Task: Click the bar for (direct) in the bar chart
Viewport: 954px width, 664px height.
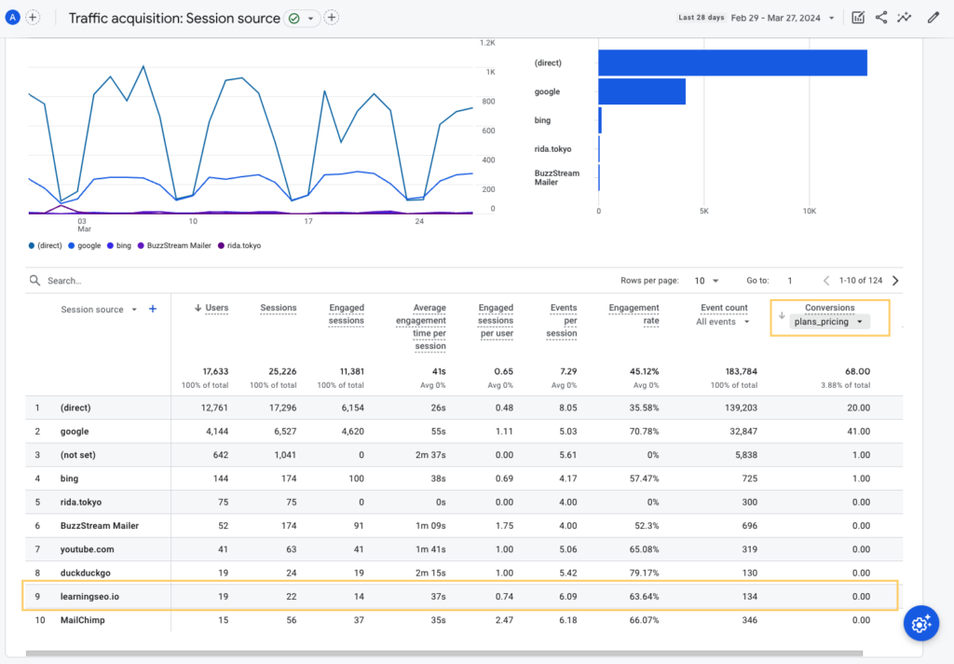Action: [x=732, y=62]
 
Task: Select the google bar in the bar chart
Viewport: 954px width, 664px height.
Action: [x=642, y=91]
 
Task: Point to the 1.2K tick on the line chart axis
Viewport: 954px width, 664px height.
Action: [x=486, y=43]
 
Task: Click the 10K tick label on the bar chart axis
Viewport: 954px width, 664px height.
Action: [x=809, y=211]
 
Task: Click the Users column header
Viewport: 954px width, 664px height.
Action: [x=215, y=308]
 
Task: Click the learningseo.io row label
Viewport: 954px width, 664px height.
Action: [x=89, y=597]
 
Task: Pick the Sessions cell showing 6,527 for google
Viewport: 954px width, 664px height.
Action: [x=279, y=432]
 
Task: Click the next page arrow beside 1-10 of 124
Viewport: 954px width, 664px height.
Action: [x=895, y=280]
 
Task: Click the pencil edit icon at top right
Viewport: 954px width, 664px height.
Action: [x=933, y=18]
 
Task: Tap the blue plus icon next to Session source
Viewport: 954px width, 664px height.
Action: [x=153, y=310]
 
